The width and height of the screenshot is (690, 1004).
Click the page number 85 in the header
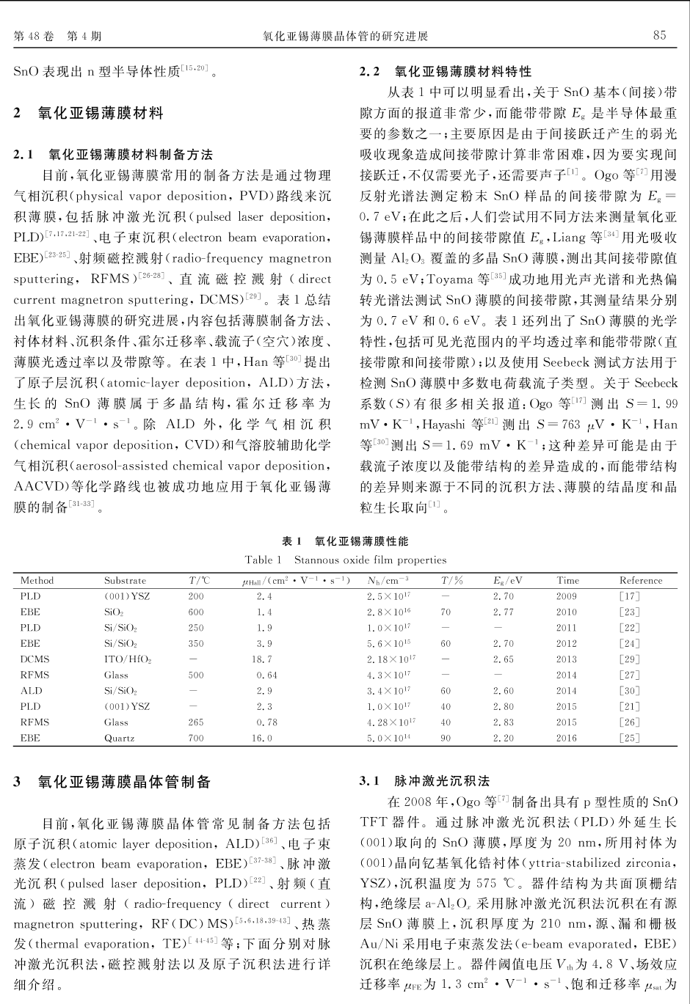coord(659,35)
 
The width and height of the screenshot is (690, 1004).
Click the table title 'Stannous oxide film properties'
coord(370,560)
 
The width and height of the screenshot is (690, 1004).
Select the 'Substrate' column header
coord(125,580)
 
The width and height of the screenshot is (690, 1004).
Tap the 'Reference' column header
coord(640,580)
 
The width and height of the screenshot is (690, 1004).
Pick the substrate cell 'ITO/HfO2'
coord(128,659)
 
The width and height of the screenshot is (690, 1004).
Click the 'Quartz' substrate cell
coord(120,738)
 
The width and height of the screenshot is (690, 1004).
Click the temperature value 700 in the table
coord(196,738)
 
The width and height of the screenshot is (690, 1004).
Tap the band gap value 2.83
coord(504,722)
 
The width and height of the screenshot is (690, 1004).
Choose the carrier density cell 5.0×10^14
coord(389,738)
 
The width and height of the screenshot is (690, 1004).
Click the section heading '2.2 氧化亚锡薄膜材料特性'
coord(446,72)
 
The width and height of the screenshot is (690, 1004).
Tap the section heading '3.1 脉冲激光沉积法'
coord(425,781)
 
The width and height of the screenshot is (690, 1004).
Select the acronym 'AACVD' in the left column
coord(37,486)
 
